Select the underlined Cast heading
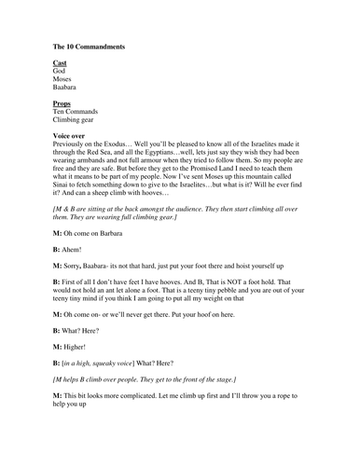60,62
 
